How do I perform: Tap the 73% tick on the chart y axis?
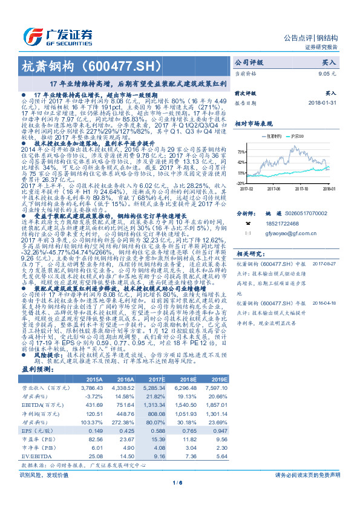(x=241, y=152)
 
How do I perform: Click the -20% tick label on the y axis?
(x=241, y=182)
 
